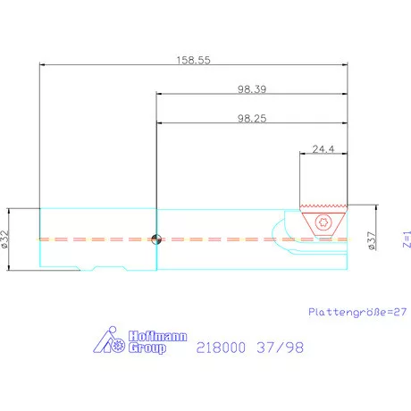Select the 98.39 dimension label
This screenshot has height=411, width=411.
tap(253, 88)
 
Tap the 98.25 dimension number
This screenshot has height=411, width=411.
tap(253, 117)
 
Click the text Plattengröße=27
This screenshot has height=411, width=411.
tap(356, 312)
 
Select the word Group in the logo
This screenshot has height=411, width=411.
tap(147, 348)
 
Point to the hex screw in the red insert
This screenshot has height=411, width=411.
tap(323, 223)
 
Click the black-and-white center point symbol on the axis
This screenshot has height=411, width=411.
tap(156, 239)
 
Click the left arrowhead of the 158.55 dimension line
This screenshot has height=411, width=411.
tap(43, 63)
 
